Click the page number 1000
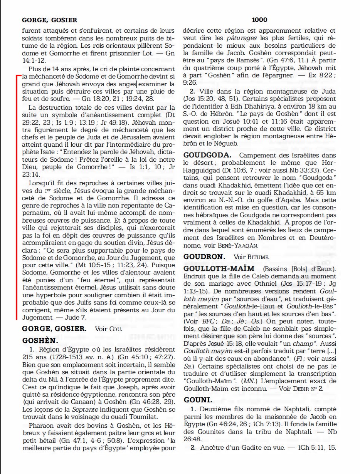click(259, 20)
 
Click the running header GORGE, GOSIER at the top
click(49, 20)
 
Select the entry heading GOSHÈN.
click(40, 341)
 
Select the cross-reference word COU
click(115, 329)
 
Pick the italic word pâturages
click(242, 38)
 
